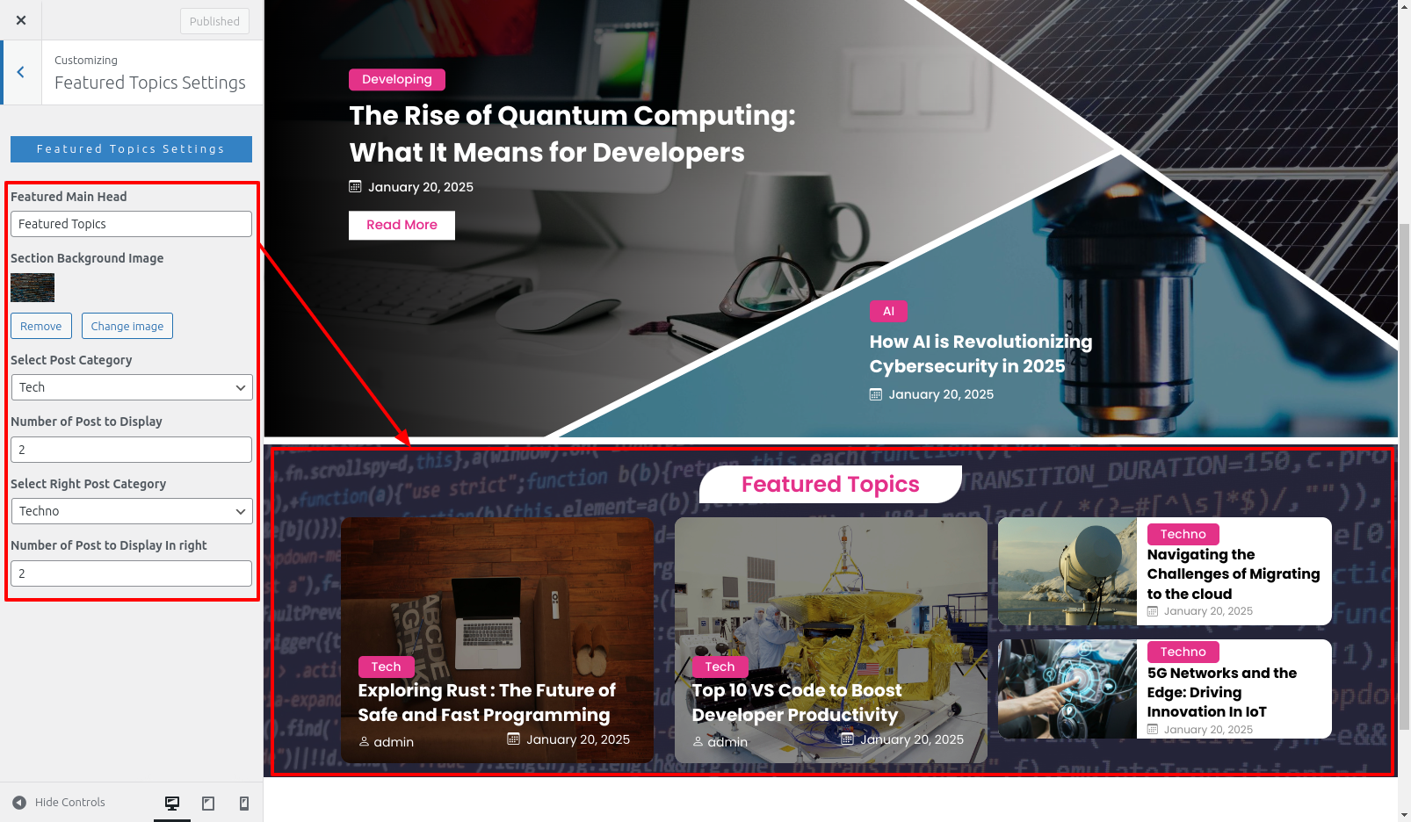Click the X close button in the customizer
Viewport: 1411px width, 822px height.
pos(21,20)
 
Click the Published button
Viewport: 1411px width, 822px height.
pos(214,21)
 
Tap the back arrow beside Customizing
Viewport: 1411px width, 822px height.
pos(21,72)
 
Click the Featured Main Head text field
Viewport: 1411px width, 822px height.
pos(131,224)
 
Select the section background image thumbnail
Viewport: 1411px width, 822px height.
pos(33,288)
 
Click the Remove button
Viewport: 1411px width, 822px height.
pos(41,326)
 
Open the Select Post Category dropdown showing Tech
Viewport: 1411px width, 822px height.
pos(132,387)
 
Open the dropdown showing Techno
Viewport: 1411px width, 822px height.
pos(132,511)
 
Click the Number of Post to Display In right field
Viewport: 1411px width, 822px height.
pos(131,573)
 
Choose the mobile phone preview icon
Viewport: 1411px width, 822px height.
pos(243,803)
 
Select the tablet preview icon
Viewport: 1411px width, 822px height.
pos(208,803)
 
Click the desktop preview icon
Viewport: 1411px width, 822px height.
pos(172,803)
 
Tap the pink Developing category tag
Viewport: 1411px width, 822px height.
pos(397,79)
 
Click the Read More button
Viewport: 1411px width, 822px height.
pos(402,225)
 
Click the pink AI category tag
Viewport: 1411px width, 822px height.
pos(888,311)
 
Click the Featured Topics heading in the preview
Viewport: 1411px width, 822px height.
pos(830,484)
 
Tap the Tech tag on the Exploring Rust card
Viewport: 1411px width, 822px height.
pos(386,667)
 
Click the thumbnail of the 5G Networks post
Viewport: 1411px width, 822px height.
pos(1067,689)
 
